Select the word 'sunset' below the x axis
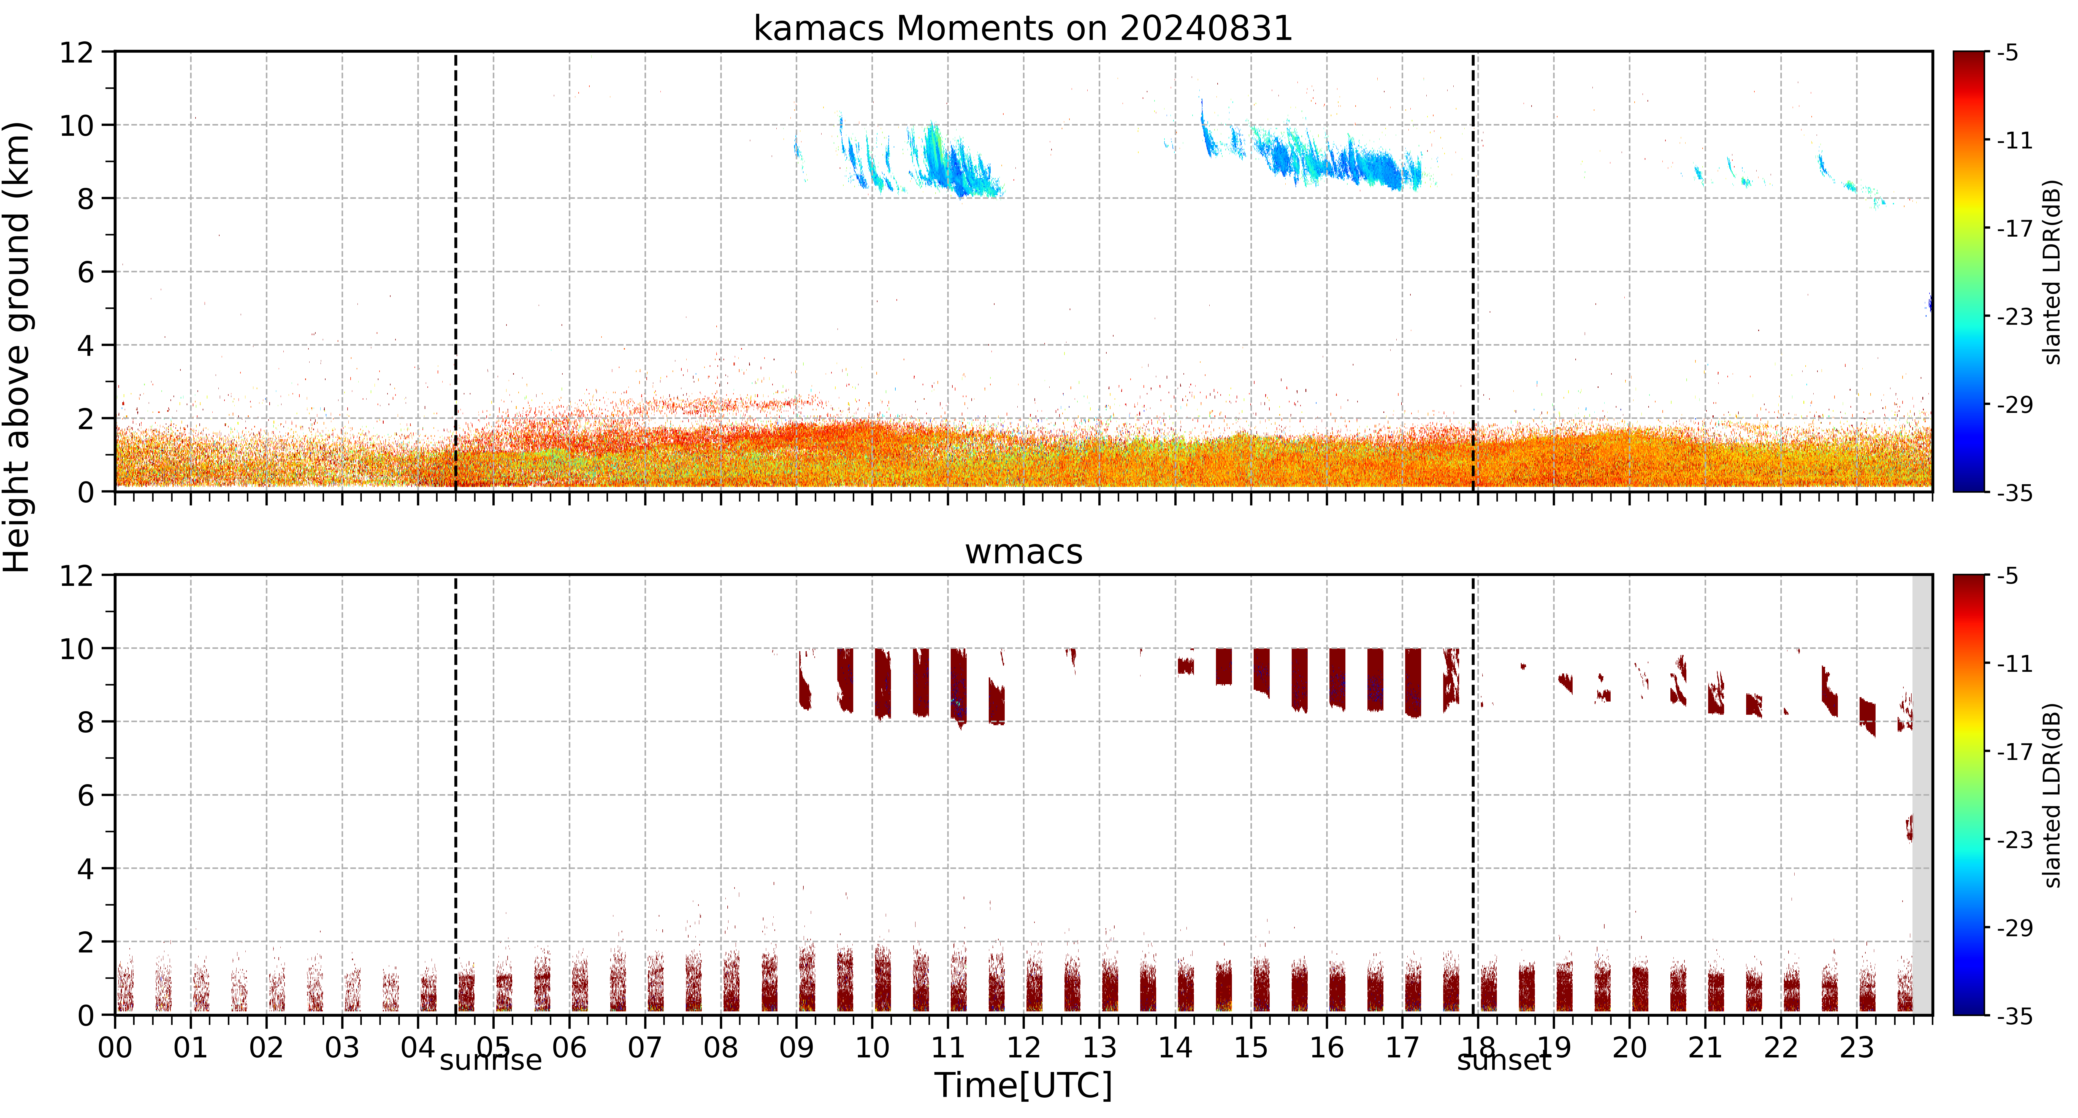click(x=1504, y=1060)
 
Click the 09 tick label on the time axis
click(x=796, y=1048)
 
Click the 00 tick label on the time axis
click(x=115, y=1048)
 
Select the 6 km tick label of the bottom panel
click(x=85, y=795)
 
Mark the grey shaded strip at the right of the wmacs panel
click(x=1922, y=795)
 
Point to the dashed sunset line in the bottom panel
click(x=1473, y=795)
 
